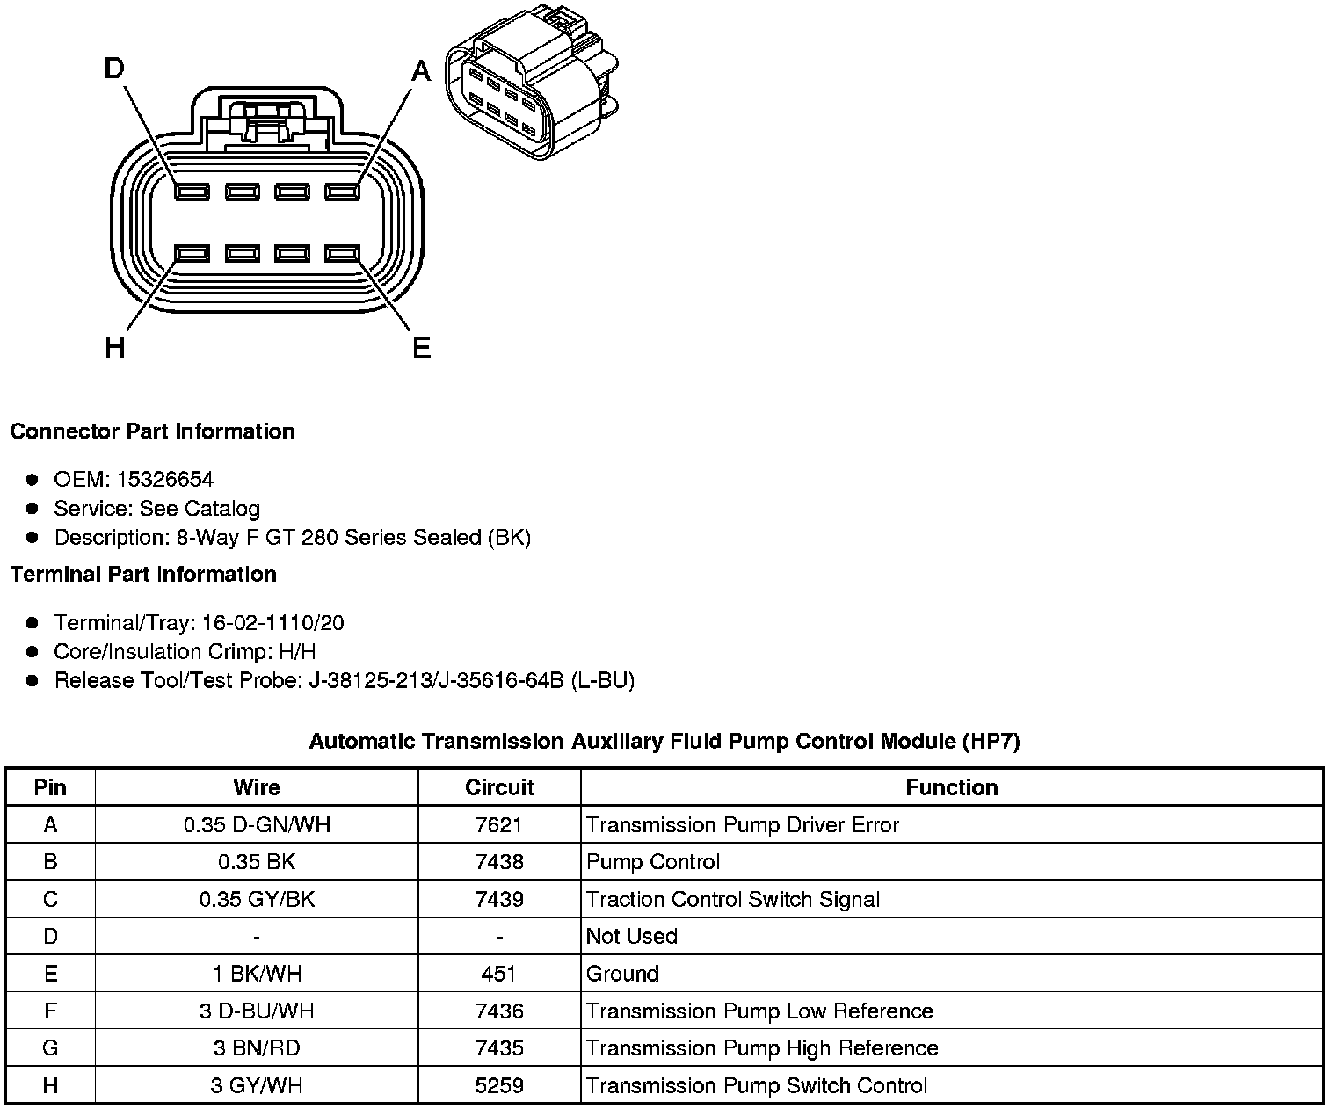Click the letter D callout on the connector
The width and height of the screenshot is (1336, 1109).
[114, 68]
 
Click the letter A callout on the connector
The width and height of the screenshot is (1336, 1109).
[422, 70]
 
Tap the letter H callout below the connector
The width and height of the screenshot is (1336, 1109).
[114, 349]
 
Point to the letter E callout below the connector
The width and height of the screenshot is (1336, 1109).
[422, 349]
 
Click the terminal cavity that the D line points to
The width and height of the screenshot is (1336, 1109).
[192, 192]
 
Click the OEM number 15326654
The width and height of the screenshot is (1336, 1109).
[164, 479]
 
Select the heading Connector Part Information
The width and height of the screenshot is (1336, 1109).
[152, 431]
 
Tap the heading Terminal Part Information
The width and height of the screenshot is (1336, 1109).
[143, 575]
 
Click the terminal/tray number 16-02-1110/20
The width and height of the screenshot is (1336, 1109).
[272, 623]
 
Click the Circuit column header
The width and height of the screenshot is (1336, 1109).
[499, 787]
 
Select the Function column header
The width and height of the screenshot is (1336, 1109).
[952, 787]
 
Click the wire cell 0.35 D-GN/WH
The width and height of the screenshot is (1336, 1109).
[257, 825]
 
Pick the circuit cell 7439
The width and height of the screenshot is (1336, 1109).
[499, 899]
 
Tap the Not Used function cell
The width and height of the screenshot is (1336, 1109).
[632, 937]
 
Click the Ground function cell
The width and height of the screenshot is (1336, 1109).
[622, 974]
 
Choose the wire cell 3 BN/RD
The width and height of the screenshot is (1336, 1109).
[257, 1048]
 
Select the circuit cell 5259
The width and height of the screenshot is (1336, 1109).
[499, 1085]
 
